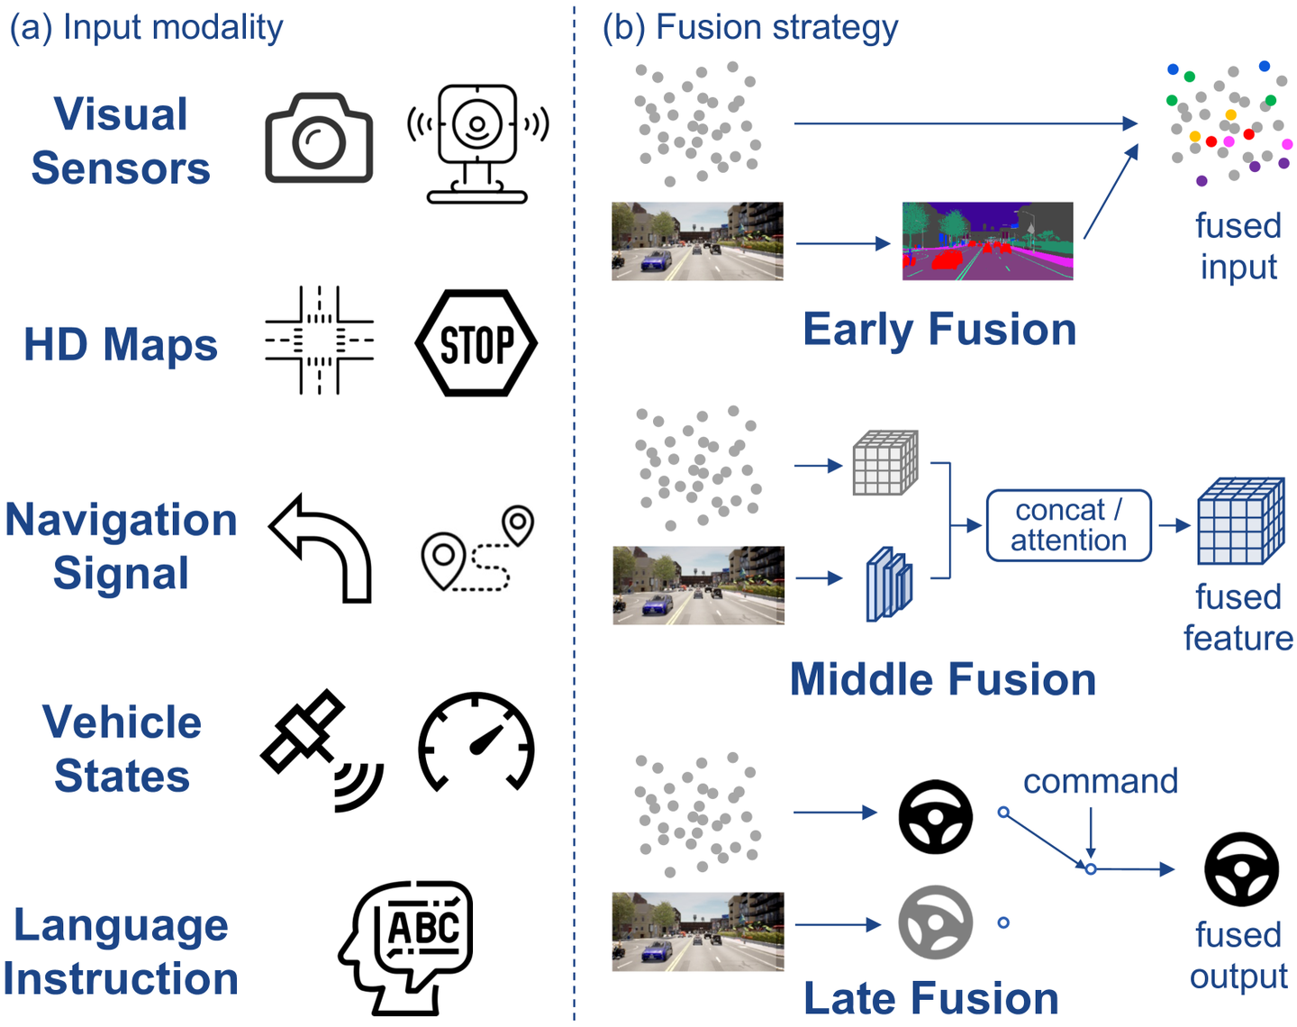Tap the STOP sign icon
click(476, 343)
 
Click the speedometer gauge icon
click(476, 741)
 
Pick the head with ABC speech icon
click(407, 946)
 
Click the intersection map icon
click(319, 341)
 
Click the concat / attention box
click(1068, 525)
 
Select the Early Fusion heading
click(939, 329)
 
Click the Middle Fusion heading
click(942, 679)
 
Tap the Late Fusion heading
click(930, 998)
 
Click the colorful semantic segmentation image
click(987, 241)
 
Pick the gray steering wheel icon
click(935, 922)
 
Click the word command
click(1100, 781)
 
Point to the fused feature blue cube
click(1240, 522)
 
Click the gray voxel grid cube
click(885, 463)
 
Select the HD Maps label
click(121, 345)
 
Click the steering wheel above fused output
click(1241, 869)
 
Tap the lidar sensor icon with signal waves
click(477, 142)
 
